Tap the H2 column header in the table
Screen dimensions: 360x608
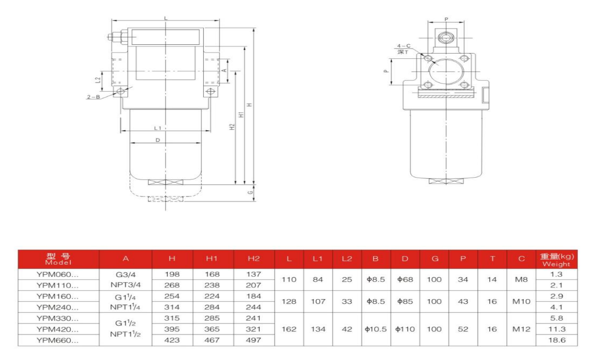click(x=254, y=259)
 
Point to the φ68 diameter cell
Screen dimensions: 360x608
click(x=405, y=280)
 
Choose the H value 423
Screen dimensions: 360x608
click(x=171, y=340)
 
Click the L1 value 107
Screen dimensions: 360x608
click(x=318, y=301)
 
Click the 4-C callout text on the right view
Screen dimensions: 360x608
click(x=404, y=46)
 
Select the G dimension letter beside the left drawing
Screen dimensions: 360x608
click(x=251, y=193)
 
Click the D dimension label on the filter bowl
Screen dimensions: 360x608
click(x=157, y=140)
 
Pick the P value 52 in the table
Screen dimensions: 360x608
click(x=462, y=329)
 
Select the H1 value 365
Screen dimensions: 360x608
click(x=213, y=329)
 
